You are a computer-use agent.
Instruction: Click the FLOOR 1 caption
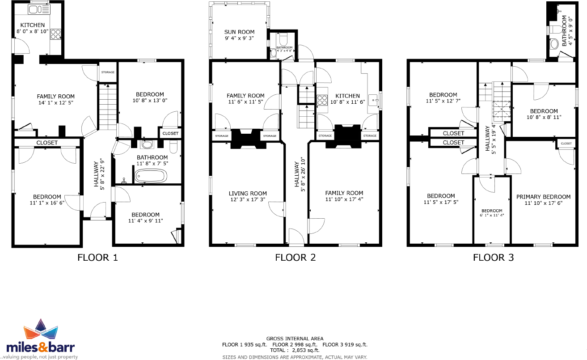[97, 258]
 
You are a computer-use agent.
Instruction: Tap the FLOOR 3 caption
[493, 258]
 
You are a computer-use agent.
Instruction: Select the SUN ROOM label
[239, 32]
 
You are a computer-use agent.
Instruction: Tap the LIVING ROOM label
[248, 194]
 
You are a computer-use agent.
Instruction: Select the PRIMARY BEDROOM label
[543, 197]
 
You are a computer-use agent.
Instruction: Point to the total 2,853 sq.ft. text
[295, 351]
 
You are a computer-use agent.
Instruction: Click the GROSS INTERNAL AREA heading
[295, 339]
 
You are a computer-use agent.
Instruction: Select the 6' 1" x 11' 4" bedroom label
[492, 211]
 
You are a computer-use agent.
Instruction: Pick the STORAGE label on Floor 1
[107, 72]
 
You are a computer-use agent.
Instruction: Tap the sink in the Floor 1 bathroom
[147, 144]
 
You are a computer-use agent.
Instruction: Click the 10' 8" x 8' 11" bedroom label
[544, 111]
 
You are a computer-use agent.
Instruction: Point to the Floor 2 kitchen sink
[372, 99]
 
